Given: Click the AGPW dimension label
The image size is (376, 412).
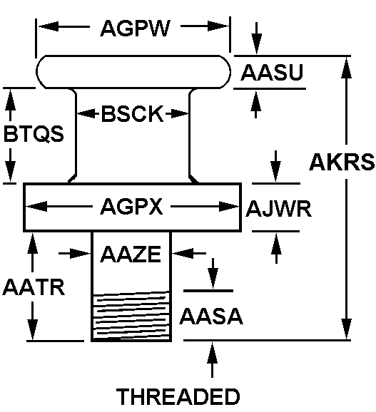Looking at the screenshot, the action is pos(135,28).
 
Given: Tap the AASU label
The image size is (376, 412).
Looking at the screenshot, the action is pos(272,72).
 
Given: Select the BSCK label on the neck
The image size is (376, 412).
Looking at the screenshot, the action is pos(132,114).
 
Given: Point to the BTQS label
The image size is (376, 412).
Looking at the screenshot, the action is pos(34,134).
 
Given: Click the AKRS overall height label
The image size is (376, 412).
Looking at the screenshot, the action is pos(342,162).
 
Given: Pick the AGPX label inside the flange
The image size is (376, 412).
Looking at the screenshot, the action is pos(131,207).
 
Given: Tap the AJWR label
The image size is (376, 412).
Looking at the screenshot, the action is pos(279,209).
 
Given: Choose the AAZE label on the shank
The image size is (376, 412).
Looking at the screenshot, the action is pos(131,254).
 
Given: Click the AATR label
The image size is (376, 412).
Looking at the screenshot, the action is pos(34,287).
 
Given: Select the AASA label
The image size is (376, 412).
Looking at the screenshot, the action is pos(211,316).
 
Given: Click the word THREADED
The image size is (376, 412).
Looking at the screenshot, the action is pos(178,396).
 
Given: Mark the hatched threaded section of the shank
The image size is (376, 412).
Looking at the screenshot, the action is pos(131,316).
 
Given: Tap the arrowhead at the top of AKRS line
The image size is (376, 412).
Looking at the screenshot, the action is pos(346,67).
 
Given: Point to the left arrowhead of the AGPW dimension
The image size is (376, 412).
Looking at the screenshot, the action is pos(49,26).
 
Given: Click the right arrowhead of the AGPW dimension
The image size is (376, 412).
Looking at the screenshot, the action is pos(218,26).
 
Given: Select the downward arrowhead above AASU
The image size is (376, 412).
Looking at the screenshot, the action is pos(257,44).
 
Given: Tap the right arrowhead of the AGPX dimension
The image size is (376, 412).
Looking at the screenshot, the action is pos(229,207).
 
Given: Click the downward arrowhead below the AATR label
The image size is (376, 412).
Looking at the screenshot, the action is pos(33,329).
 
